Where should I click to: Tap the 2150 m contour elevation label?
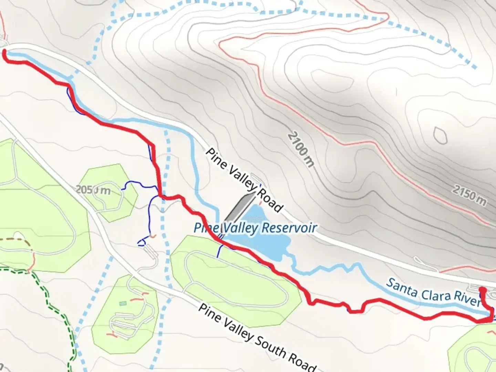pyautogui.click(x=469, y=196)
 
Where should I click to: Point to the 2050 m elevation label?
pyautogui.click(x=93, y=189)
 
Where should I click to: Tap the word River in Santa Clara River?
pyautogui.click(x=467, y=298)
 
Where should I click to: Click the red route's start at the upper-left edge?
pyautogui.click(x=4, y=52)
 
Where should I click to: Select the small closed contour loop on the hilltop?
pyautogui.click(x=440, y=135)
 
